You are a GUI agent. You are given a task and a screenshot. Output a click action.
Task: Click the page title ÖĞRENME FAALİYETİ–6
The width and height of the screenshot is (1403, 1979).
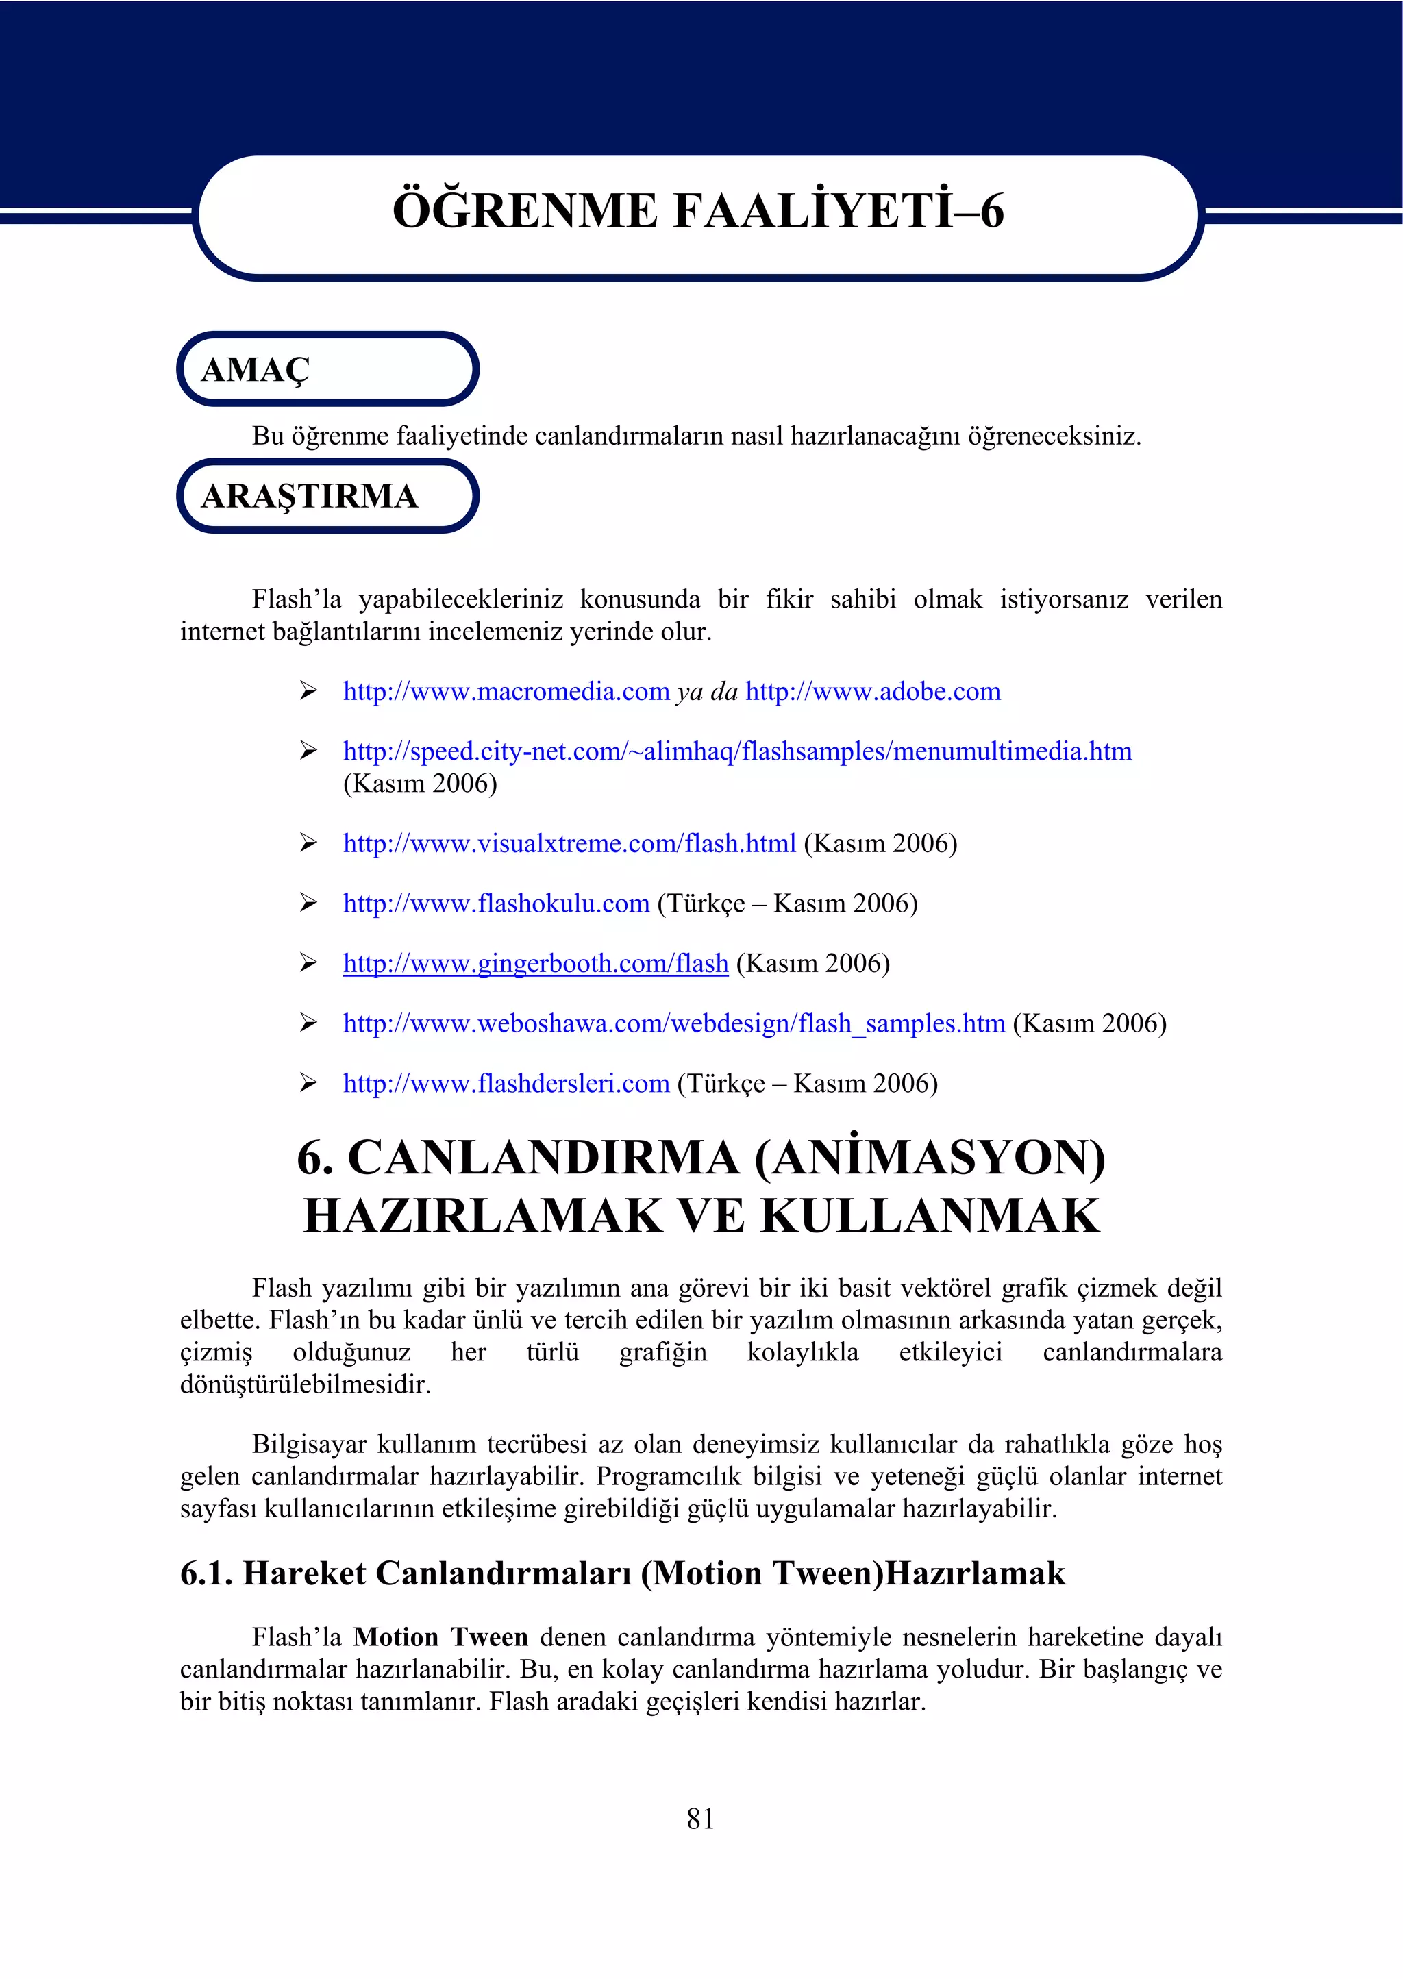point(698,212)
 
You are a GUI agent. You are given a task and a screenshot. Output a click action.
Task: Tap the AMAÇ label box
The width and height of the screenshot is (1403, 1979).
point(327,369)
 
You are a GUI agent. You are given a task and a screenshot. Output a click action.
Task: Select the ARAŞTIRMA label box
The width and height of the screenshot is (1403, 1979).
point(327,496)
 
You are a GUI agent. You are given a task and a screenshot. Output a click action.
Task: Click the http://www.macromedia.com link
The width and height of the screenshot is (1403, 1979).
point(506,691)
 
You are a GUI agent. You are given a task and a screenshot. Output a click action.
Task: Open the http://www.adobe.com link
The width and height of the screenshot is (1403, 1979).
point(873,691)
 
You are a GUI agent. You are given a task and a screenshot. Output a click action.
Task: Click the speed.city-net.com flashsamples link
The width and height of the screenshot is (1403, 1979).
point(737,751)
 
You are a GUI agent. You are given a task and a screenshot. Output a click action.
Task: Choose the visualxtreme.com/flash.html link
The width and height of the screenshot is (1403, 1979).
point(569,843)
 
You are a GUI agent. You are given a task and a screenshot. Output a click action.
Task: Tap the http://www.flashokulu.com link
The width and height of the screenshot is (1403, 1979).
point(496,903)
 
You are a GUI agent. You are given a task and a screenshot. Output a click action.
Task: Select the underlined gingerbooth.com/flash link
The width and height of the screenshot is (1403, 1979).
point(536,963)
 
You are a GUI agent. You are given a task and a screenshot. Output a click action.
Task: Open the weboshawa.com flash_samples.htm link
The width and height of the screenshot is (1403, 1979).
point(674,1023)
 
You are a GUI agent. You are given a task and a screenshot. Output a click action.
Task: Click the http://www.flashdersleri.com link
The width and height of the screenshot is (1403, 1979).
point(506,1083)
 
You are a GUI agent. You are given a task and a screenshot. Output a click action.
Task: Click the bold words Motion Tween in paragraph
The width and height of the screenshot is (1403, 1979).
point(440,1637)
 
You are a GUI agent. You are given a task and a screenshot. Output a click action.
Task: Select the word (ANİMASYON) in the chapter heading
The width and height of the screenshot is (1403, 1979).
point(930,1158)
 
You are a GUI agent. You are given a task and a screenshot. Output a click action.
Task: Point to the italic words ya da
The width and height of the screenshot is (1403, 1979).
point(708,691)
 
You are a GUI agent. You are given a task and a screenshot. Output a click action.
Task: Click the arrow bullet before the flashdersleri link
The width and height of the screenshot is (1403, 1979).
point(308,1082)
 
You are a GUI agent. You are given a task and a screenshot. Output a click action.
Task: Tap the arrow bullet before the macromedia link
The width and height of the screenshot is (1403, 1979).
point(308,690)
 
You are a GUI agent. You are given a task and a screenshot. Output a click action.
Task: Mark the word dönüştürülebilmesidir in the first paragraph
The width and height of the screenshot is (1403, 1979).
point(305,1384)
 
